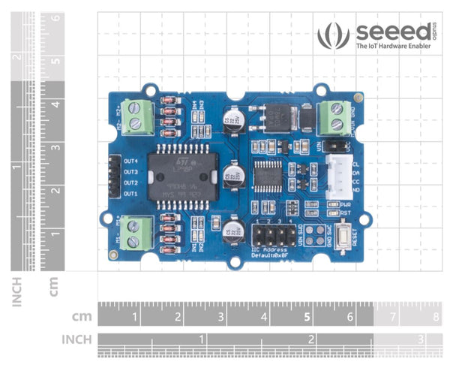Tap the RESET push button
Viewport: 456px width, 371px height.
(341, 241)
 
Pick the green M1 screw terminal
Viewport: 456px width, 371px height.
(136, 234)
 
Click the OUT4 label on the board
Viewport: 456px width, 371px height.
(132, 161)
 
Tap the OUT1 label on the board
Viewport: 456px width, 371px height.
(132, 194)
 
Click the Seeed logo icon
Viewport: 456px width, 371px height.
(333, 35)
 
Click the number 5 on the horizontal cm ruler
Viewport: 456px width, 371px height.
(308, 318)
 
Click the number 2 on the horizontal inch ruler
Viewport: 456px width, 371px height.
(311, 339)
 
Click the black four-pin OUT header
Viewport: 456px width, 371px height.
(114, 177)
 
